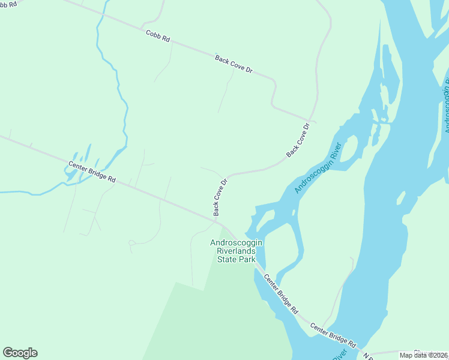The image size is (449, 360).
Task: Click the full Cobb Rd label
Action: [x=158, y=35]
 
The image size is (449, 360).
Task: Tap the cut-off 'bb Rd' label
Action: [x=8, y=4]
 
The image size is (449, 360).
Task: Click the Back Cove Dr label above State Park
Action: [x=220, y=197]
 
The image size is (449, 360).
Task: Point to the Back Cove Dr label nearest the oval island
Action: [x=299, y=140]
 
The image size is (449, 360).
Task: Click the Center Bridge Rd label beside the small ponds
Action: [x=91, y=172]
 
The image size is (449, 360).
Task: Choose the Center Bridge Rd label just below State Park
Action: [x=281, y=295]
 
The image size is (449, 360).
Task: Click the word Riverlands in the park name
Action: [x=237, y=251]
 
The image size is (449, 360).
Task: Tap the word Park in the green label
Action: [x=247, y=259]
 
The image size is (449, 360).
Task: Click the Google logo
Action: [x=20, y=353]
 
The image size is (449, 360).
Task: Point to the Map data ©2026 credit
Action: [x=423, y=355]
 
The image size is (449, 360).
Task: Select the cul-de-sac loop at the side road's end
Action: [x=131, y=243]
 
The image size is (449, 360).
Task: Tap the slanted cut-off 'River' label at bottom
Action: [x=339, y=355]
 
